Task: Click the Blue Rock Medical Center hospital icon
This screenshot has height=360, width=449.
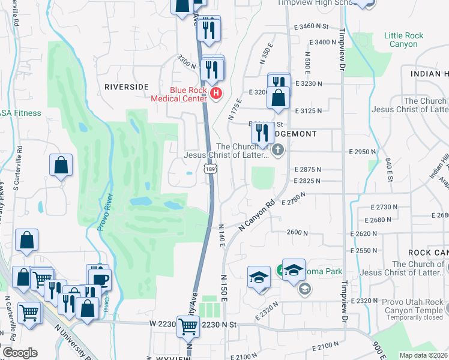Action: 216,94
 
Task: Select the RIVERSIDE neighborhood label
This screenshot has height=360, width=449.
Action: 126,86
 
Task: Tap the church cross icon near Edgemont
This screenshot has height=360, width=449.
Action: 278,149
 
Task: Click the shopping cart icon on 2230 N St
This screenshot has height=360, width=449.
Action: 188,326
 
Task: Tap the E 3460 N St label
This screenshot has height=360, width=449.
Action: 312,27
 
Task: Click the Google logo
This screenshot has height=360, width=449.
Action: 20,353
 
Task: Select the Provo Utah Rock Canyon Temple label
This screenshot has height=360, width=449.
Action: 410,306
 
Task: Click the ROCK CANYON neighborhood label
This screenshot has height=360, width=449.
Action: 428,253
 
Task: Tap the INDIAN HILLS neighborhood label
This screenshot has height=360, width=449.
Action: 430,73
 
